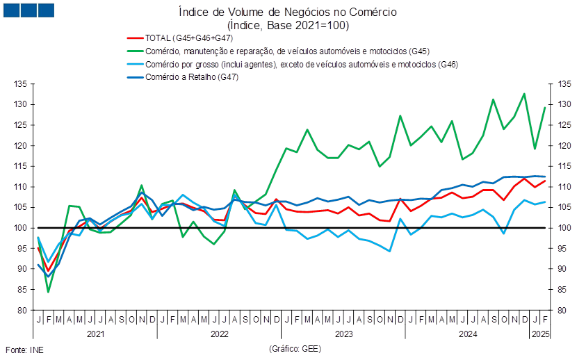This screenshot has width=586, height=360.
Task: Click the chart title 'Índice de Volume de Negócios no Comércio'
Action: pos(288,12)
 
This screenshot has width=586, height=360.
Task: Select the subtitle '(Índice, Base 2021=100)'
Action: pos(288,26)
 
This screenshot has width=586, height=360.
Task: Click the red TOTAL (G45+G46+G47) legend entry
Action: pos(180,38)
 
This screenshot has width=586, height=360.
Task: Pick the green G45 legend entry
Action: pos(279,51)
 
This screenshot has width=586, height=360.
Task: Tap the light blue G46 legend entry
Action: pos(293,65)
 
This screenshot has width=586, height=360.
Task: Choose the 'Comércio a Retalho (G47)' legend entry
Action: pos(183,77)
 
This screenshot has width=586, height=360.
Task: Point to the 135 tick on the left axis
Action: pos(20,84)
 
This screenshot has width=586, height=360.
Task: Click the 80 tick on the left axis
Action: pos(22,310)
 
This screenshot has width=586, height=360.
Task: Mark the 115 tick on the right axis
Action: pos(564,166)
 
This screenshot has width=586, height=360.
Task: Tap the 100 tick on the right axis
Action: pos(564,228)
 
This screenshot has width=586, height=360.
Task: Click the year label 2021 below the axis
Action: pos(96,334)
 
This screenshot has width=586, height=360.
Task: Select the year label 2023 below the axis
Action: pos(344,334)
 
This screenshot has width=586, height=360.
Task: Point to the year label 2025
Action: pos(540,334)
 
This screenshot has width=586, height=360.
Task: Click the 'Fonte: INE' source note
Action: pos(24,350)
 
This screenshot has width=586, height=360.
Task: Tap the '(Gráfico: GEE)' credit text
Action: pos(295,349)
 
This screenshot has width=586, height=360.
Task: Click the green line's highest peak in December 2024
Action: pos(524,94)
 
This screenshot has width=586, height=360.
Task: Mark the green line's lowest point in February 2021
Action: pos(48,292)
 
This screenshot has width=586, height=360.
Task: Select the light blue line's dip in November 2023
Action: pos(390,251)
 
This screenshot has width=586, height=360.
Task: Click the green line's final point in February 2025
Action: pos(545,108)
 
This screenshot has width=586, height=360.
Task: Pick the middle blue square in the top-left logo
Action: pos(29,10)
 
